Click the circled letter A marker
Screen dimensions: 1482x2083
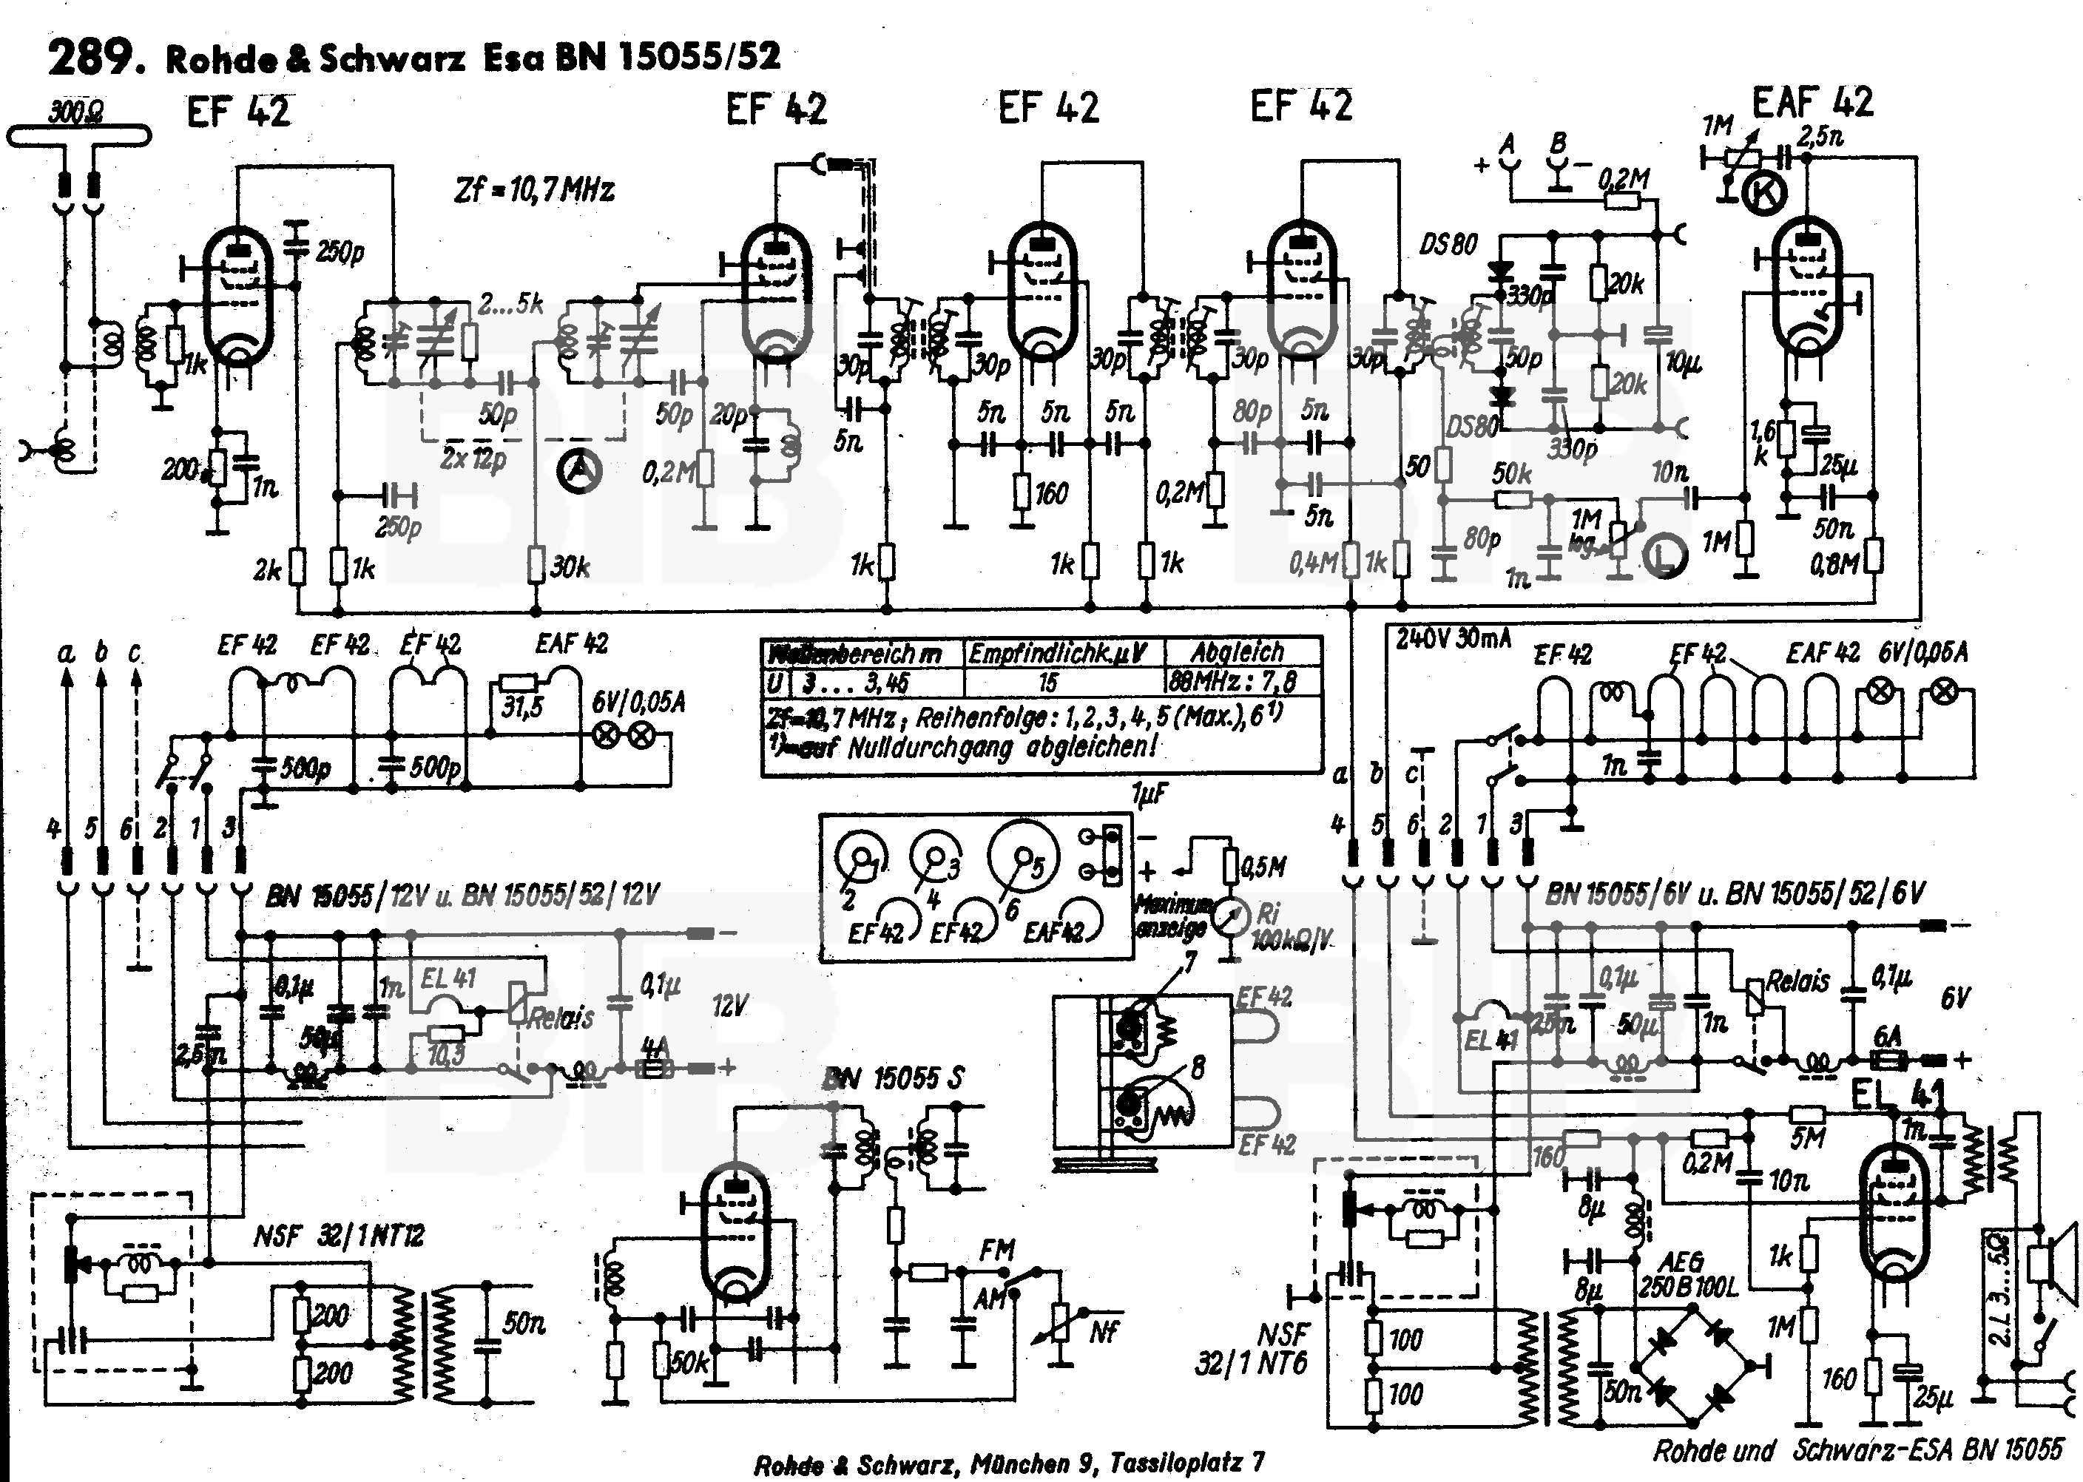(578, 470)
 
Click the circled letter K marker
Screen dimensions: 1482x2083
(1763, 194)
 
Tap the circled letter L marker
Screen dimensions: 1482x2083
(1667, 557)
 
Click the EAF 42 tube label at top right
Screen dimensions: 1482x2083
(1812, 102)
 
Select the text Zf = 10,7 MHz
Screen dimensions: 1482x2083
(534, 190)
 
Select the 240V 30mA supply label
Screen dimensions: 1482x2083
(1454, 638)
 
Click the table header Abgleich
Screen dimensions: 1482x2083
(1237, 652)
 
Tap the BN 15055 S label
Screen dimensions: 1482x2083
(893, 1079)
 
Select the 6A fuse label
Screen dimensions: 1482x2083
(1887, 1037)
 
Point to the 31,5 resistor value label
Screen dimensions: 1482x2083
(522, 706)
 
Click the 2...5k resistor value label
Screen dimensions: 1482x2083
(511, 304)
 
